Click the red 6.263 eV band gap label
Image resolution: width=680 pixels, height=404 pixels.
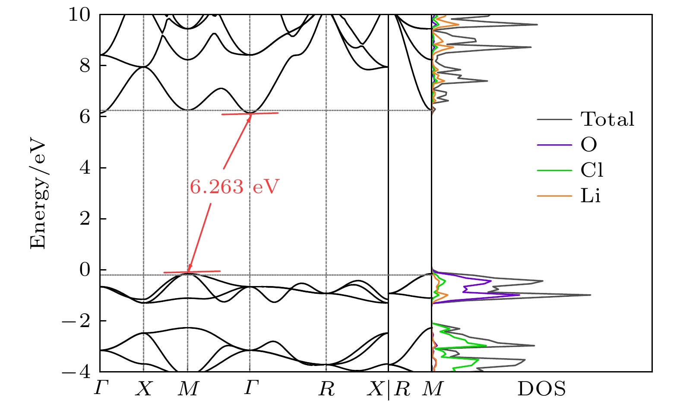(234, 187)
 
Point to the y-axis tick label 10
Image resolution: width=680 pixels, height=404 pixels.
(79, 15)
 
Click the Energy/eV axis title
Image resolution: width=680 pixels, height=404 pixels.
(38, 194)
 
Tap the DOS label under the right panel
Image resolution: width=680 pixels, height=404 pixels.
(541, 389)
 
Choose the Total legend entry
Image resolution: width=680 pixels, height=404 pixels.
(607, 119)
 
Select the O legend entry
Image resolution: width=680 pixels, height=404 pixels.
(588, 145)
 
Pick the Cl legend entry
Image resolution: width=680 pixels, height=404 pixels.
(591, 170)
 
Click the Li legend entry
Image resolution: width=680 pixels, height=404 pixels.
(590, 196)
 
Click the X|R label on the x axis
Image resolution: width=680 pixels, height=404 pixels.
(388, 390)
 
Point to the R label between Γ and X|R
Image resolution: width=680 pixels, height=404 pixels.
(326, 390)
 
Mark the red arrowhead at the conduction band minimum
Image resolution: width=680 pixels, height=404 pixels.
(249, 117)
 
